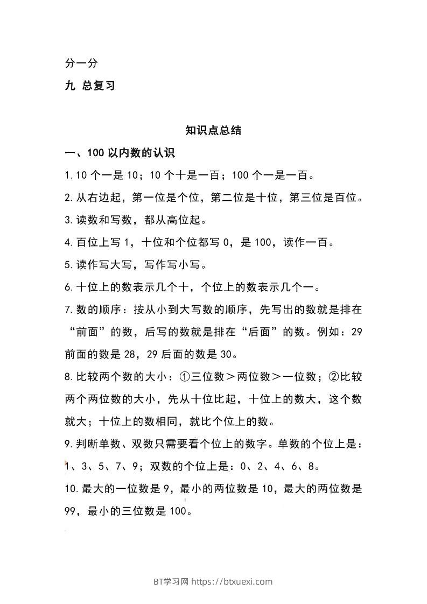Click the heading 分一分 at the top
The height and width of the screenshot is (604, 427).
[81, 64]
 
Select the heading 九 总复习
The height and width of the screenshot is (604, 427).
[89, 86]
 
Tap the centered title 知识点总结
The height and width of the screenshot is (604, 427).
[213, 130]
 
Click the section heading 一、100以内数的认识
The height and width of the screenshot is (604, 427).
[120, 153]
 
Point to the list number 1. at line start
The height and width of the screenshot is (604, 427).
[68, 175]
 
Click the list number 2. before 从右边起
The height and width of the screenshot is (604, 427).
[68, 198]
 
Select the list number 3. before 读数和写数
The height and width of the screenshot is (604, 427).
[68, 220]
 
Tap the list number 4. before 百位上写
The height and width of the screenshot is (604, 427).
[68, 243]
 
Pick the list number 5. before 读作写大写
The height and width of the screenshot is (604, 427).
[68, 265]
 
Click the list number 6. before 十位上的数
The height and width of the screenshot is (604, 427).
[68, 287]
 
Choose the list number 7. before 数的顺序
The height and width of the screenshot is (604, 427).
[68, 310]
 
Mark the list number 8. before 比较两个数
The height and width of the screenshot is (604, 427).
[68, 377]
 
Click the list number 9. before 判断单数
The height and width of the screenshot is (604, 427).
[68, 444]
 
